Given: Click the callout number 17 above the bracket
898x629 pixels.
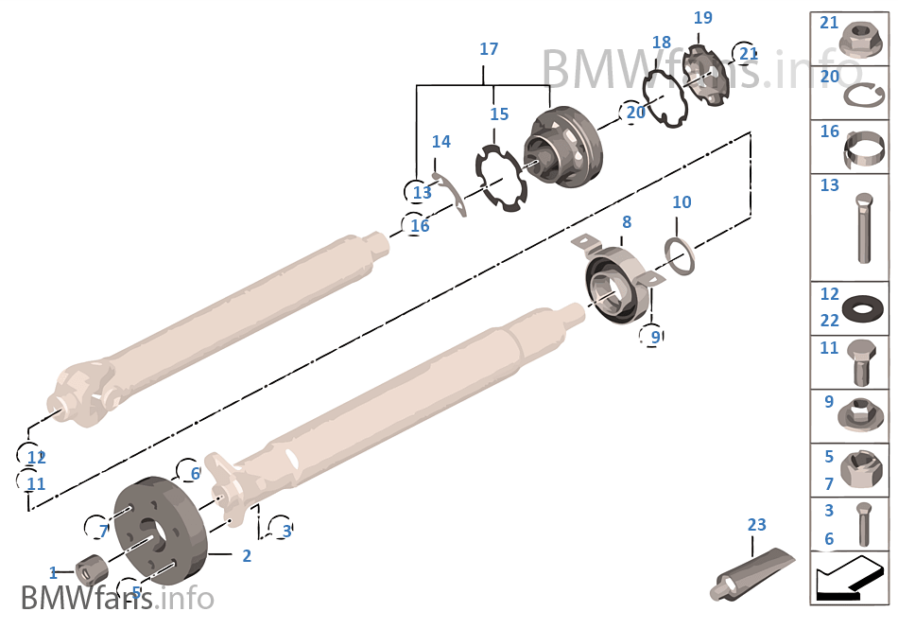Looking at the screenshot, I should click(x=489, y=49).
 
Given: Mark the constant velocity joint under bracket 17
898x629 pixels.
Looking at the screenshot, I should click(x=562, y=149).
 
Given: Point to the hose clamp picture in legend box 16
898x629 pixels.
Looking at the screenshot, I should click(x=862, y=148).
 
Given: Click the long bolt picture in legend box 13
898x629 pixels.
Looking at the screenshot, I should click(x=864, y=227).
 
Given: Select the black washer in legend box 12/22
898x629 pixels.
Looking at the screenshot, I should click(x=862, y=308).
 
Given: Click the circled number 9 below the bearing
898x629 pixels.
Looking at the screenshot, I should click(x=650, y=335).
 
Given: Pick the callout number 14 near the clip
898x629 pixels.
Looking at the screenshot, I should click(x=440, y=142).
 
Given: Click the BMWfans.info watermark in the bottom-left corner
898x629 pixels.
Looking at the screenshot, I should click(x=116, y=599).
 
